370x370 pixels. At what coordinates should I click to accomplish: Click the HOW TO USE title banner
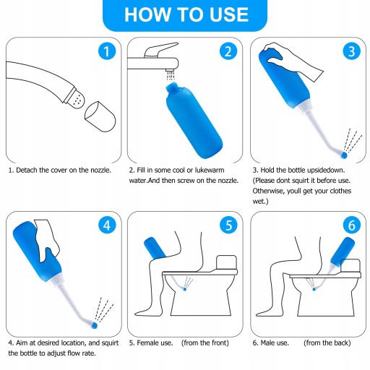click(x=185, y=15)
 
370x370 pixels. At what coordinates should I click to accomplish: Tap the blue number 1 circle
click(x=107, y=51)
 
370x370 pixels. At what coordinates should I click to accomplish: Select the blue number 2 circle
click(x=228, y=51)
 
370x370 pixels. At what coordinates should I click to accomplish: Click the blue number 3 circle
click(x=352, y=51)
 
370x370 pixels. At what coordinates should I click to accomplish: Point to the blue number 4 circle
click(x=107, y=225)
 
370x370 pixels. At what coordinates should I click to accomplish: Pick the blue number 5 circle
click(x=228, y=225)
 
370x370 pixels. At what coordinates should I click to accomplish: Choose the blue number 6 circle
click(x=352, y=225)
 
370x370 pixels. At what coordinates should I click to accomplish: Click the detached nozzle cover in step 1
click(x=100, y=116)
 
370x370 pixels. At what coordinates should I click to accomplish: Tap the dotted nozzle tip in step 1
click(x=76, y=99)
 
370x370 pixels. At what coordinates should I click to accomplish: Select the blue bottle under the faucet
click(x=194, y=121)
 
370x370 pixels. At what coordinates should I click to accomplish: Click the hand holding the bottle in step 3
click(x=293, y=60)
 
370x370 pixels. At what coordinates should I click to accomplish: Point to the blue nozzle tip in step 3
click(x=344, y=155)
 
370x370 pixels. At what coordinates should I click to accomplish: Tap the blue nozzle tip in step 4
click(x=95, y=325)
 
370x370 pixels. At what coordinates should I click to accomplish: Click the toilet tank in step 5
click(x=226, y=263)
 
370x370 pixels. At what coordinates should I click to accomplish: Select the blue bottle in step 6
click(x=343, y=251)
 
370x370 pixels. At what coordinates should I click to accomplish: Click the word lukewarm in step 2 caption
click(x=210, y=170)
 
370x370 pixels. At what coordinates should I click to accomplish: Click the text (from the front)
click(x=205, y=343)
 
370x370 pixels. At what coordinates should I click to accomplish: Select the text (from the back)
click(x=327, y=343)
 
